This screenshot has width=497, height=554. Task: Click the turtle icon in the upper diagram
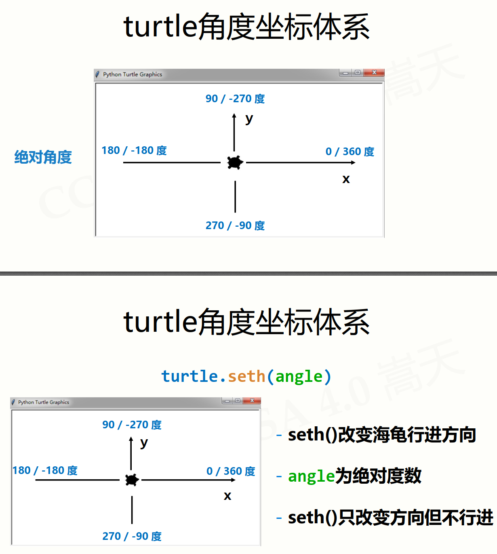point(235,162)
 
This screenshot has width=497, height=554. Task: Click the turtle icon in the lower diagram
point(132,480)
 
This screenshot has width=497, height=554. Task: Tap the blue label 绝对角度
point(43,157)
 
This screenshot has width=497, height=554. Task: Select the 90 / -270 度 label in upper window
point(235,99)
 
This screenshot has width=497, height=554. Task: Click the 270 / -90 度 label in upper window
point(235,225)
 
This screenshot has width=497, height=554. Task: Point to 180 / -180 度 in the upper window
point(134,150)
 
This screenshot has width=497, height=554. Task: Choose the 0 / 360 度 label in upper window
point(350,152)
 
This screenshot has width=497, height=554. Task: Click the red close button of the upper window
point(374,73)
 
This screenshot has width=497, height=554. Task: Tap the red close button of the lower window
point(252,400)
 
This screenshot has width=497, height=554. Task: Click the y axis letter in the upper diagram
point(249,119)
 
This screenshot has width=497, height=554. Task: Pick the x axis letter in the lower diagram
point(227,496)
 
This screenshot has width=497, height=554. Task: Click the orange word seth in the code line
point(246,376)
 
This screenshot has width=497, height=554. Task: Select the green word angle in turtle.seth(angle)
point(299,377)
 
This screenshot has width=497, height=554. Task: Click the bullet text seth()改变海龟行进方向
point(381,435)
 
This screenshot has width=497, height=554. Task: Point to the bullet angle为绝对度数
point(354,476)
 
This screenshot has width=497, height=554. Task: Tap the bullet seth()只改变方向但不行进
point(390,518)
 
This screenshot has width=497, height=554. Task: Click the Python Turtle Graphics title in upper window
point(132,74)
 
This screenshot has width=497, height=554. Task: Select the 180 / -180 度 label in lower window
point(45,470)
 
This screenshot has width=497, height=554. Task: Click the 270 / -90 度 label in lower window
point(132,536)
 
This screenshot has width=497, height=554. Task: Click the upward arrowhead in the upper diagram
point(234,116)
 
